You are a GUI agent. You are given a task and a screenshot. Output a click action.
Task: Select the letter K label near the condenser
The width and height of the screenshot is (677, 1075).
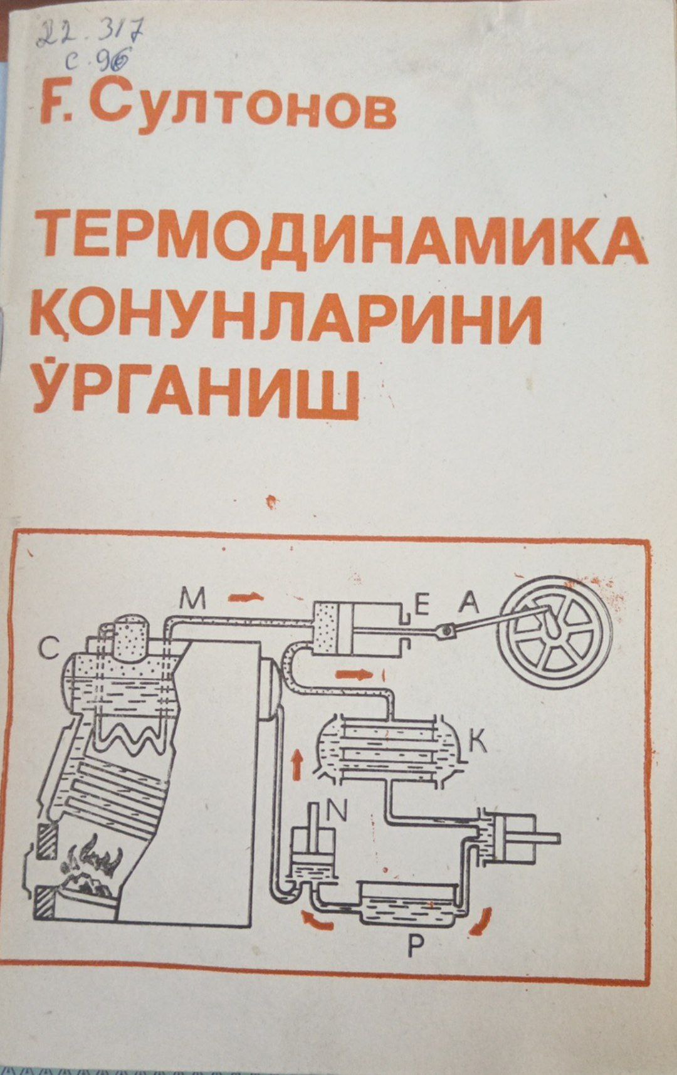tap(478, 741)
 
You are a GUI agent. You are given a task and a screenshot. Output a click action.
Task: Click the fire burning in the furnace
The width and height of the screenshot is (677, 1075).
tap(94, 866)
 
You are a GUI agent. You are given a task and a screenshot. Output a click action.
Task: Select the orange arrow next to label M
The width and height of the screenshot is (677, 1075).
tap(245, 596)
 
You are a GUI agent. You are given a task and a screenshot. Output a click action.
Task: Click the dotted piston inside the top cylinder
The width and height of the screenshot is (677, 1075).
tap(327, 627)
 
